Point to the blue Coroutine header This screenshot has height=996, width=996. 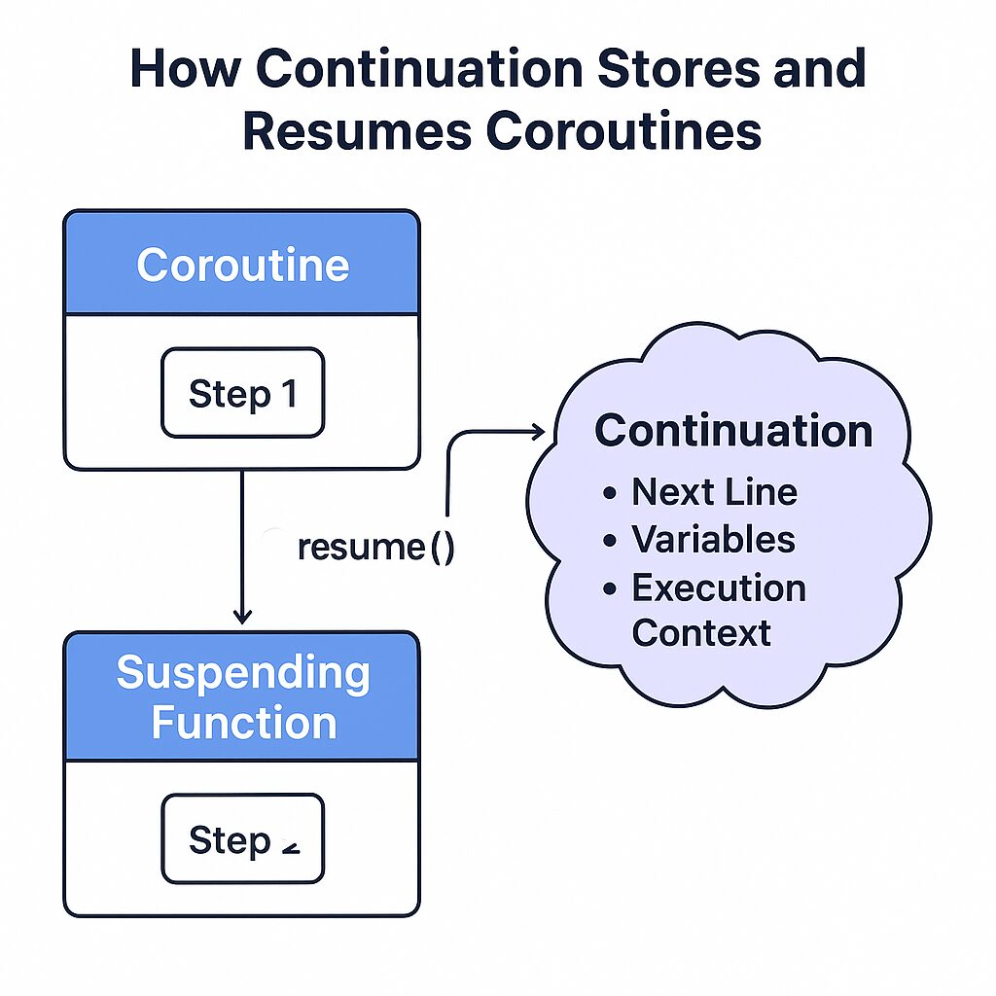(241, 265)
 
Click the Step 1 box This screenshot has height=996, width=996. (242, 393)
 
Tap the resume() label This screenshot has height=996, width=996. (375, 547)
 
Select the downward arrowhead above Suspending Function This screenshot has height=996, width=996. (242, 616)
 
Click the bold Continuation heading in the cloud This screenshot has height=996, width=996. (733, 431)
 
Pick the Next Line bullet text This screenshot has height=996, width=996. (714, 492)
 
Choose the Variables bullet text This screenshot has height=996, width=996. (713, 539)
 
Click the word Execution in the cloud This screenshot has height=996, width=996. (719, 587)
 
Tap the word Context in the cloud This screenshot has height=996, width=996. (701, 632)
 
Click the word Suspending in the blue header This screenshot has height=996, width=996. (243, 674)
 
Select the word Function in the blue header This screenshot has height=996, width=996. (244, 723)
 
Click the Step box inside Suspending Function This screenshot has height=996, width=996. (242, 838)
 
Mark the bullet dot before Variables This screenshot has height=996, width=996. (610, 541)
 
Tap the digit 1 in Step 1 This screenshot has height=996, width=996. (286, 393)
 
